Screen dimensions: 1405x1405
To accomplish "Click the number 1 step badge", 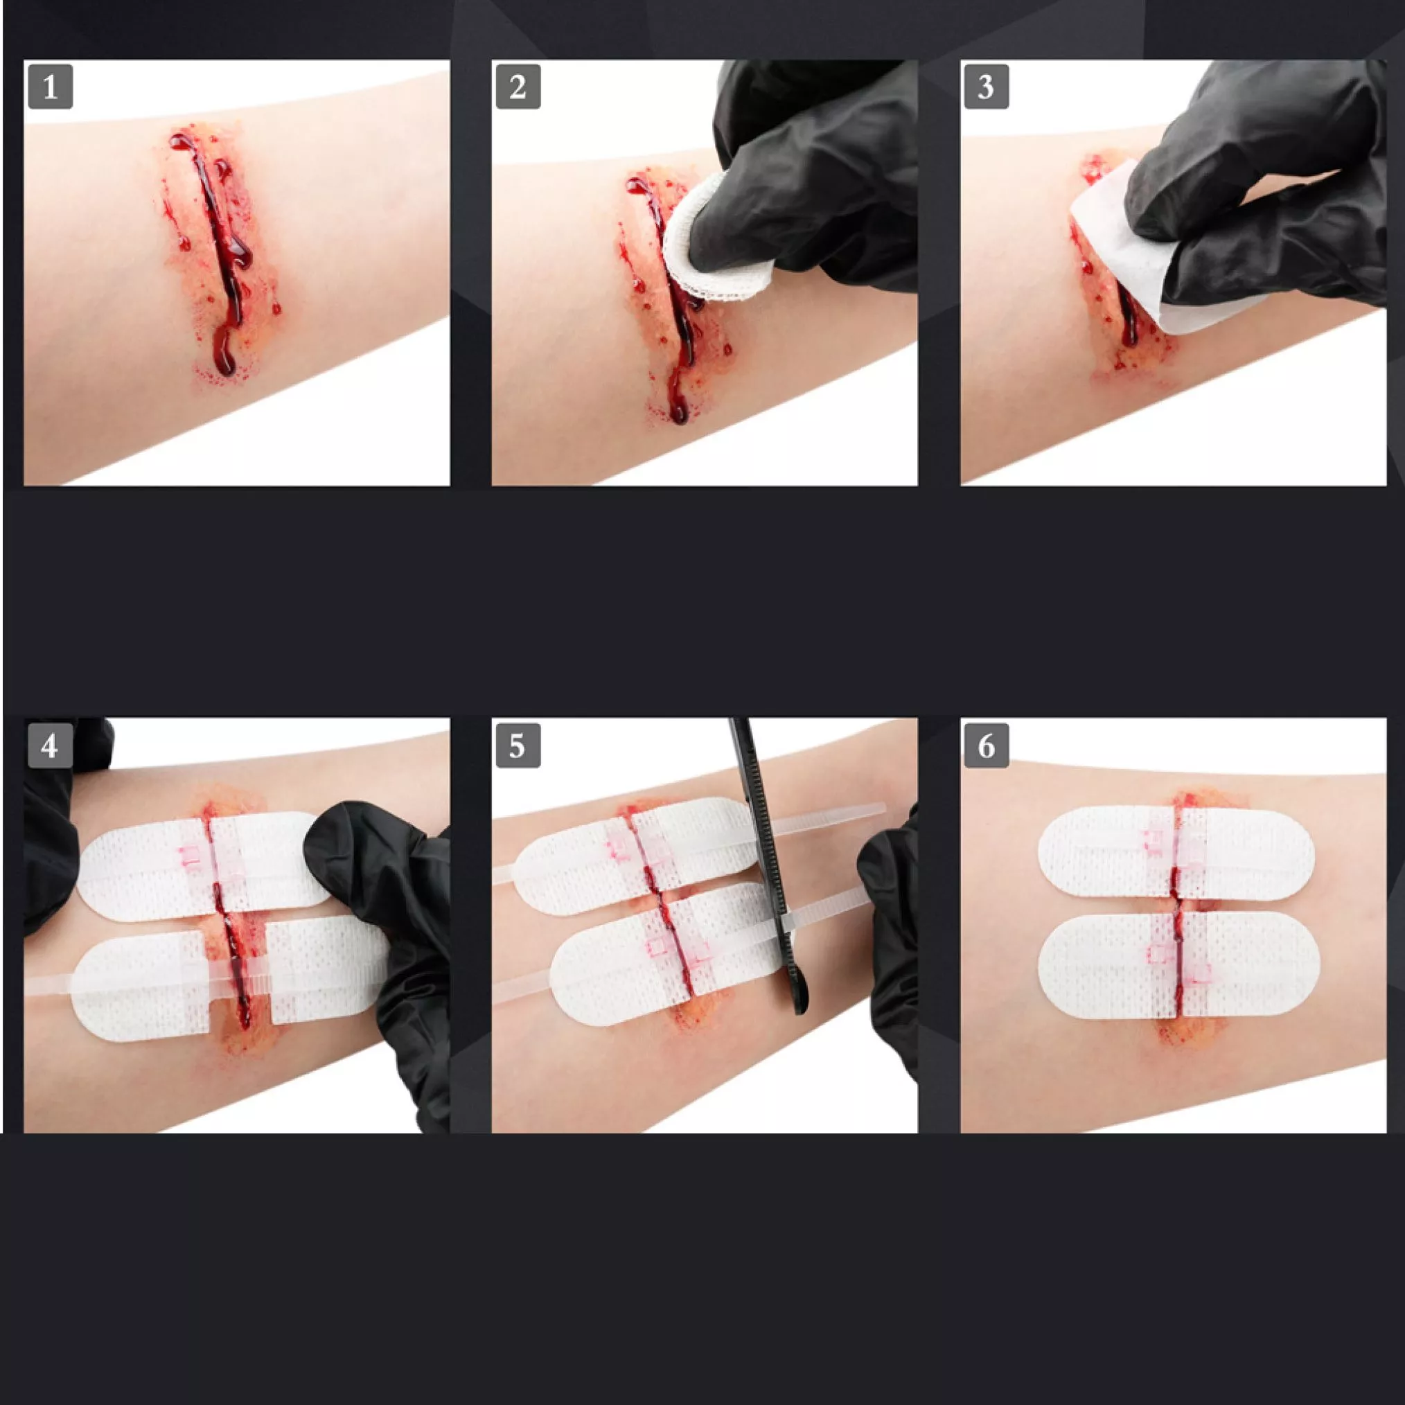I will click(50, 87).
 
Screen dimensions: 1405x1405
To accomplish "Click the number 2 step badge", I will click(518, 87).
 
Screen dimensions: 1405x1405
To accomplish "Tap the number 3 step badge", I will click(986, 87).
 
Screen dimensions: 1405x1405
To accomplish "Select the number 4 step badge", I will click(50, 745).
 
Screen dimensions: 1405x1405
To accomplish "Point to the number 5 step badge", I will click(518, 745).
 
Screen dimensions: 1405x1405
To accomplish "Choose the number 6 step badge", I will click(986, 745).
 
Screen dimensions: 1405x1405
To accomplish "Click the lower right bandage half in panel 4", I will click(320, 971).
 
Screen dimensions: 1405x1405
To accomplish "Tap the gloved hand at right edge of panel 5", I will click(891, 946).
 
